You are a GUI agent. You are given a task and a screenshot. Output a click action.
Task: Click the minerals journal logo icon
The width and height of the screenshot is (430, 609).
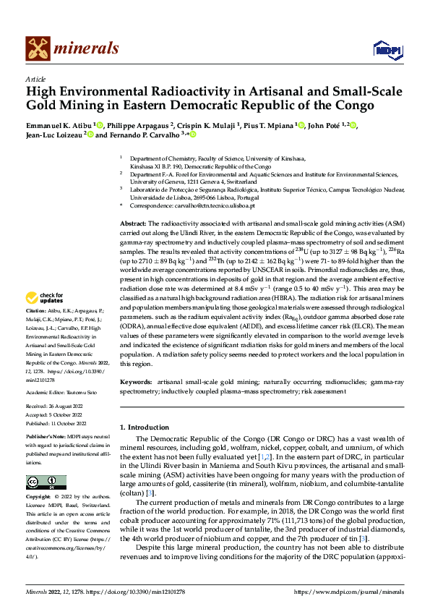(38, 49)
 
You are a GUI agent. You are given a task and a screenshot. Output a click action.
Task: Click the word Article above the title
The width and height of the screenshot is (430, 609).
(35, 79)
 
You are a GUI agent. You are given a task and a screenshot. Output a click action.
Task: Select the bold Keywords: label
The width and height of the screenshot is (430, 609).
(136, 381)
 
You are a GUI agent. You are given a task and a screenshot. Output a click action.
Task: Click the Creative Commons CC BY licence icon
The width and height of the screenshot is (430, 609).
(46, 482)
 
